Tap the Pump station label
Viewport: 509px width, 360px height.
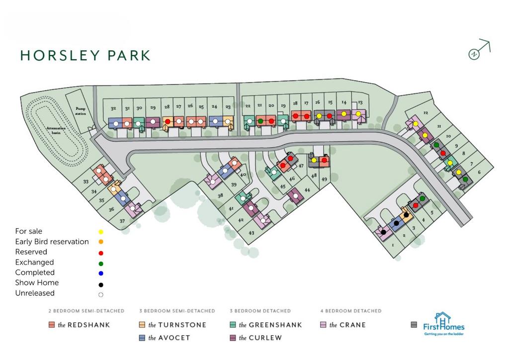(x=81, y=111)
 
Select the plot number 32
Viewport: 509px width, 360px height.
(x=113, y=108)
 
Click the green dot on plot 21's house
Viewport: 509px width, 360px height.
(x=260, y=121)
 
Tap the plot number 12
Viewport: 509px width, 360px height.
(x=425, y=113)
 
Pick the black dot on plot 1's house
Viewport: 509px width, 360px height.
(x=384, y=232)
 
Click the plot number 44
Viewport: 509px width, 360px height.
(x=307, y=190)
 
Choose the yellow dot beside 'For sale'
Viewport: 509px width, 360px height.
(x=101, y=232)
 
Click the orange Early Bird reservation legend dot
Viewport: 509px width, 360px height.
(x=101, y=242)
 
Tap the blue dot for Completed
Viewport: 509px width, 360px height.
(x=101, y=273)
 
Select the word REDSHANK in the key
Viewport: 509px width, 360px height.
(x=89, y=325)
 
